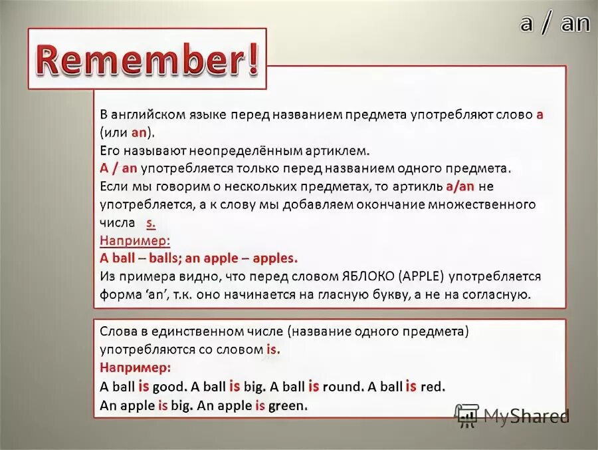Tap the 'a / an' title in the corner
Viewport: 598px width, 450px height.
click(555, 23)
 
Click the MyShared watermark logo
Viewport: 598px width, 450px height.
click(512, 416)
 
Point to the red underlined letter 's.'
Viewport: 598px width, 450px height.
click(151, 222)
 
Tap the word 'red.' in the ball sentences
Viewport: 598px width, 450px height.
click(433, 385)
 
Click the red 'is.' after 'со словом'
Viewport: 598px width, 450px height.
click(273, 349)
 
